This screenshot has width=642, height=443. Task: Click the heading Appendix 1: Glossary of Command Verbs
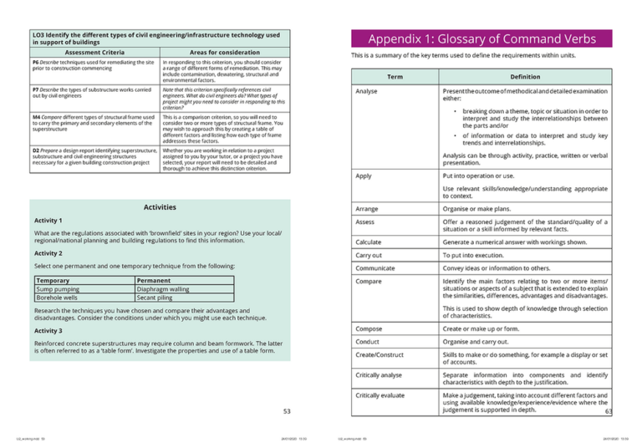482,38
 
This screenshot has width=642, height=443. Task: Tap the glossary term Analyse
367,91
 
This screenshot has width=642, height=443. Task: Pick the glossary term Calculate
369,242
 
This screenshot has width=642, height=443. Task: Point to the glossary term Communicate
375,267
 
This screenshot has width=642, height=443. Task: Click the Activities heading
160,206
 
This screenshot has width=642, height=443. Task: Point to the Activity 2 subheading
48,252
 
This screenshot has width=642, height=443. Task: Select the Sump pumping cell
59,288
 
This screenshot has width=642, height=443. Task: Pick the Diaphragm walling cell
162,288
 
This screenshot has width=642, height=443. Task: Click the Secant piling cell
156,297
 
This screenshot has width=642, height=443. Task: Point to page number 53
287,410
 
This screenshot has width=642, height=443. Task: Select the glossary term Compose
369,328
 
